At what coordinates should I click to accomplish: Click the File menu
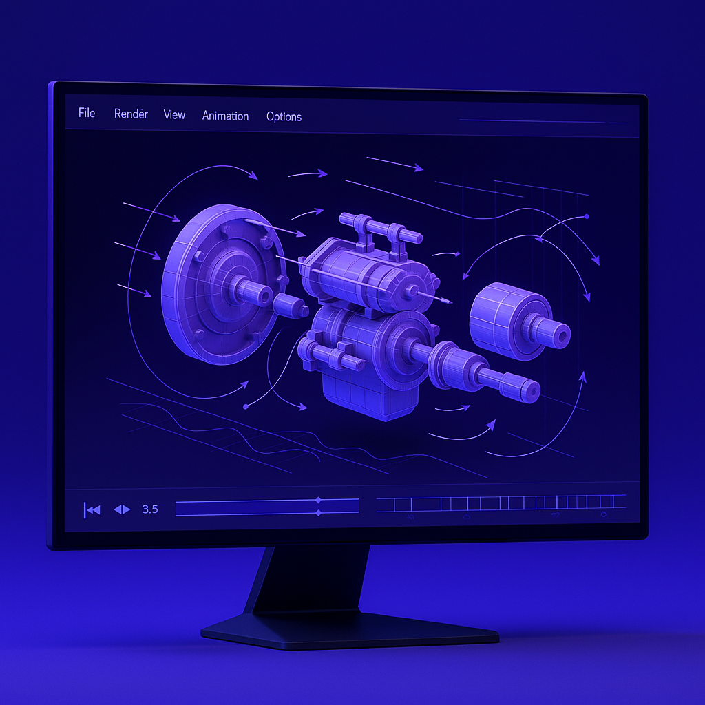point(87,113)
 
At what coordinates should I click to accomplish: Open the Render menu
point(131,114)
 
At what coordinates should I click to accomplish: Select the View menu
point(174,115)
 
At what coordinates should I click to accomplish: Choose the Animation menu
point(225,116)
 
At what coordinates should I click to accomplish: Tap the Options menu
point(284,117)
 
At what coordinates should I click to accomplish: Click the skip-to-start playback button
point(92,509)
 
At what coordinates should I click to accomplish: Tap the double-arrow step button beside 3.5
point(122,509)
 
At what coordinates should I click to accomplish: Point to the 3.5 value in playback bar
point(149,509)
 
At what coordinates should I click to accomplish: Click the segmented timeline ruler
point(501,503)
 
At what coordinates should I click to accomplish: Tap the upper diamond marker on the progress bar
point(317,501)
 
